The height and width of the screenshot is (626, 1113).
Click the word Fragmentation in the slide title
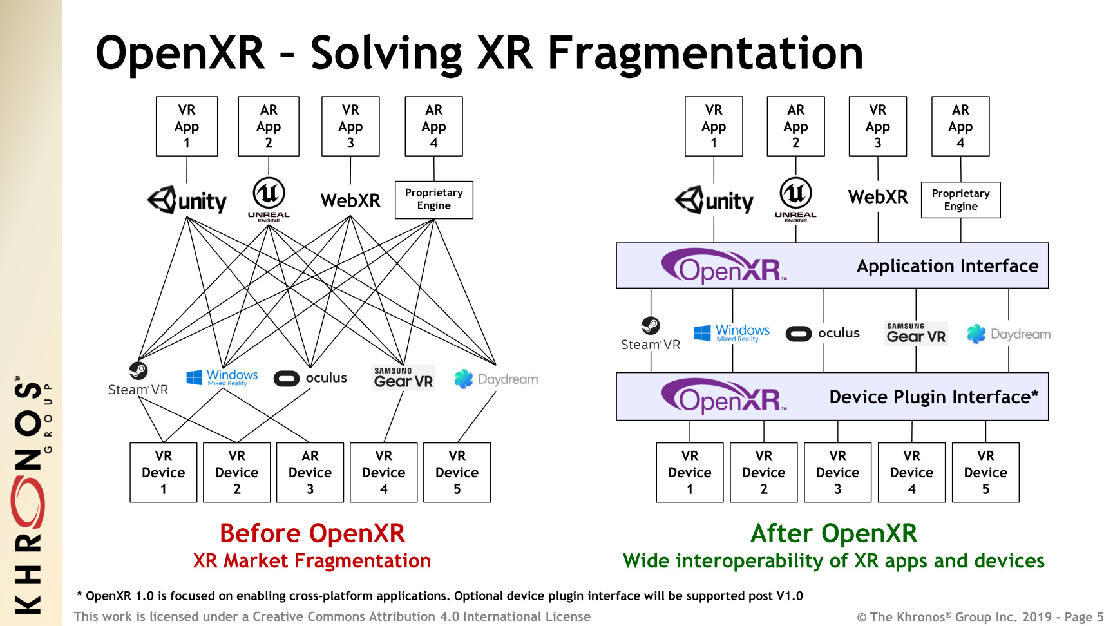coord(705,53)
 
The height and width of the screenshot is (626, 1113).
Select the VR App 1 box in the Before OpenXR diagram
coord(187,126)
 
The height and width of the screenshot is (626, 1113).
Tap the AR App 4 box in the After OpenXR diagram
coord(960,126)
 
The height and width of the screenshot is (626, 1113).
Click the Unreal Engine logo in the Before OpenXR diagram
coord(269,199)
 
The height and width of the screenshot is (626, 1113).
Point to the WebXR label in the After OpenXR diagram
coord(878,197)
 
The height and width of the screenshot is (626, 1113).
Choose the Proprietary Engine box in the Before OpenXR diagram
coord(434,200)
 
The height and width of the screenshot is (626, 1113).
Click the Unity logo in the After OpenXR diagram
coord(714,201)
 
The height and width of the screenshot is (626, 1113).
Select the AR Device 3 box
coord(310,472)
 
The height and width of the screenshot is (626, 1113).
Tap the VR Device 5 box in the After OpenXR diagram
coord(985,472)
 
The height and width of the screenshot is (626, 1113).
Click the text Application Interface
coord(947,266)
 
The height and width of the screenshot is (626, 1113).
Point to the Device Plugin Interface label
coord(933,397)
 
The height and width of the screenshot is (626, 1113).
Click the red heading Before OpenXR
coord(312,534)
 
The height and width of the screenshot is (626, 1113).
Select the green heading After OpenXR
coord(833,534)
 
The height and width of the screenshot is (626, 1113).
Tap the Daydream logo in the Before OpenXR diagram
coord(496,379)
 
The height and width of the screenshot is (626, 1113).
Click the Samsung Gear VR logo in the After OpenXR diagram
coord(916,333)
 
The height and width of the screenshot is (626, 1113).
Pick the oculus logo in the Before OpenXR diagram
coord(310,378)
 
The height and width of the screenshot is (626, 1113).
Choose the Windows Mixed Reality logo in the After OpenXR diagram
coord(732,333)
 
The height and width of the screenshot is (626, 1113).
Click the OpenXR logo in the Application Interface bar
coord(724,266)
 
